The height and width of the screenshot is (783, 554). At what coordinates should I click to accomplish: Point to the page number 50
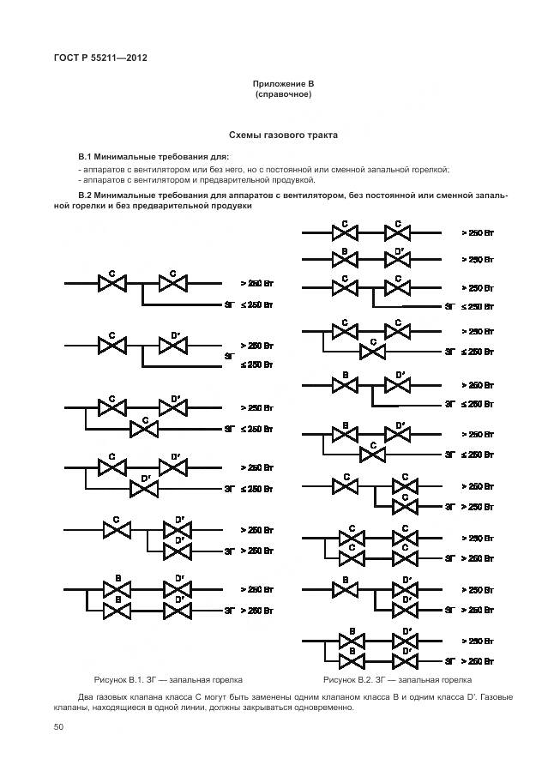[x=59, y=727]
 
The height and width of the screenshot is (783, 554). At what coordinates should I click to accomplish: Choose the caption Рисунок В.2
[x=354, y=679]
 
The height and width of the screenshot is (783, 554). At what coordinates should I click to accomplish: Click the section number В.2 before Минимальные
[x=85, y=195]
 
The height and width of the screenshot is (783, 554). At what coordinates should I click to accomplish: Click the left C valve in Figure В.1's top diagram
[x=112, y=283]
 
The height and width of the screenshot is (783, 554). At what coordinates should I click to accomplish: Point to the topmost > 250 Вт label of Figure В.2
[x=478, y=232]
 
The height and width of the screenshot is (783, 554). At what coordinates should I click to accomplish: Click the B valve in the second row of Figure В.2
[x=344, y=259]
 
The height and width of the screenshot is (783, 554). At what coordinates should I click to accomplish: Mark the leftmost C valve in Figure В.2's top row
[x=344, y=232]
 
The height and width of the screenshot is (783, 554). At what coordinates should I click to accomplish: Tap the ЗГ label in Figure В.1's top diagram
[x=229, y=304]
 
